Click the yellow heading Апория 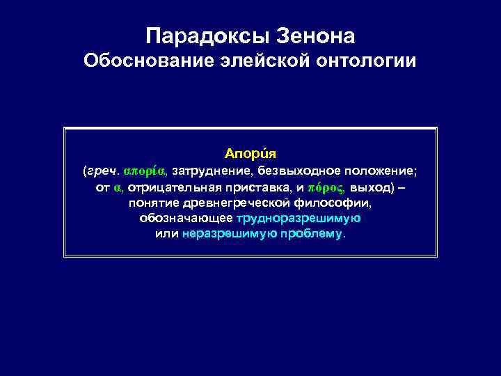[x=250, y=152]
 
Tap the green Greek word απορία [x=144, y=171]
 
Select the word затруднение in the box [x=212, y=171]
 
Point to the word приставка [x=256, y=188]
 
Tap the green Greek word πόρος [x=326, y=188]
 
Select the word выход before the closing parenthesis [x=371, y=188]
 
